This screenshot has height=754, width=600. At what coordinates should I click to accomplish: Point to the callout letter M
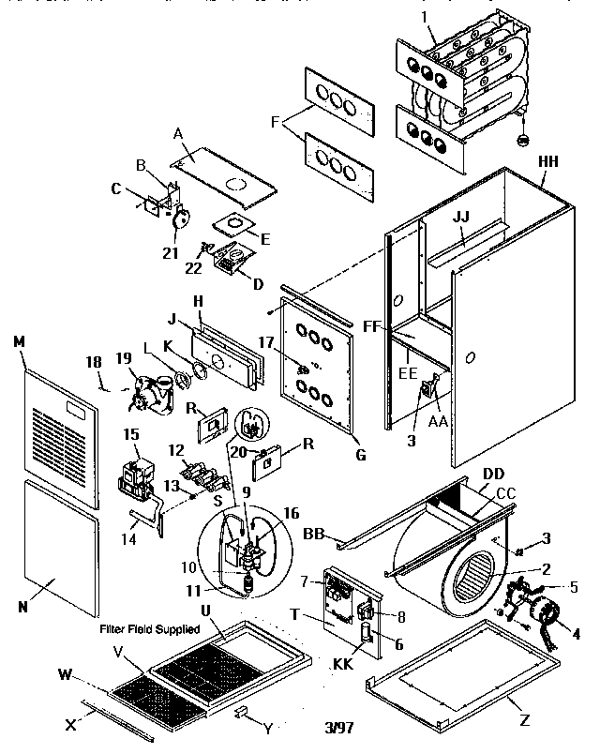[18, 340]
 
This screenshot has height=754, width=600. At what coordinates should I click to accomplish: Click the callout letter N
[22, 607]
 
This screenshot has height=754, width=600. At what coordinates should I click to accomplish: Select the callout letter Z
[524, 721]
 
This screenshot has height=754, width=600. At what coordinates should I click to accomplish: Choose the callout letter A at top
[177, 133]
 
